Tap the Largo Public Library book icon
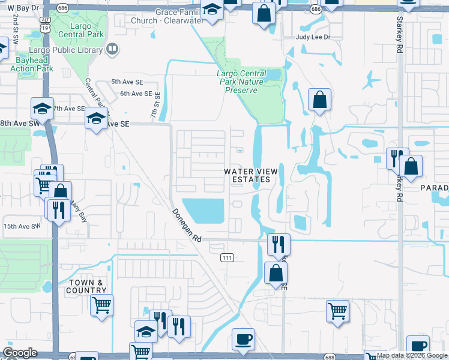(112, 49)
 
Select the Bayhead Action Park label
(32, 64)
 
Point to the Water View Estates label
(252, 175)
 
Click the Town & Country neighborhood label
(87, 286)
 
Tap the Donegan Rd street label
(187, 225)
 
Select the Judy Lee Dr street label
(313, 37)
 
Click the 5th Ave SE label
(127, 81)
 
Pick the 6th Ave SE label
(136, 94)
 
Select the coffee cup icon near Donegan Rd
(244, 339)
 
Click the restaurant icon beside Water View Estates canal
(279, 244)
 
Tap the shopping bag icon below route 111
(275, 274)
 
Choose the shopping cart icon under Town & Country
(101, 305)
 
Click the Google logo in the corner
(20, 353)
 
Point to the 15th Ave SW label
(21, 226)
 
